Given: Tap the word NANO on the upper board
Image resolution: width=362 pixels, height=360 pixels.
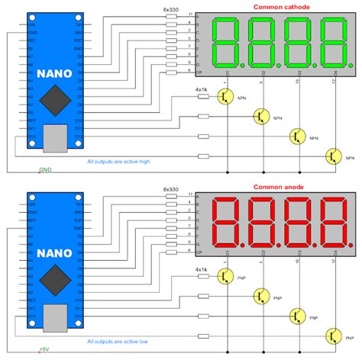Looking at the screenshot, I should click(x=54, y=76).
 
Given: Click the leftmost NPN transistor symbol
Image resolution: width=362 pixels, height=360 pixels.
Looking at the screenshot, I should click(x=225, y=96).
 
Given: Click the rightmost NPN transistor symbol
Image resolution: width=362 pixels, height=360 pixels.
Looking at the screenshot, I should click(x=332, y=156).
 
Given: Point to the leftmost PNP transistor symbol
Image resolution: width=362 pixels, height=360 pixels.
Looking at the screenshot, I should click(x=225, y=275).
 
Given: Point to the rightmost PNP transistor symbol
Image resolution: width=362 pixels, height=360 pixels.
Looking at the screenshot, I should click(x=332, y=336).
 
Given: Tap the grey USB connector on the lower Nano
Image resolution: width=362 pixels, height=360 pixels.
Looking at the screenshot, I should click(x=55, y=319).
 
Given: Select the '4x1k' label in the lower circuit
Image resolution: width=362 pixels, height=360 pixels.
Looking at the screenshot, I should click(x=202, y=269).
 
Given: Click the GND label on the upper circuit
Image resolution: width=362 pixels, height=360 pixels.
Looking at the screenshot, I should click(x=45, y=170).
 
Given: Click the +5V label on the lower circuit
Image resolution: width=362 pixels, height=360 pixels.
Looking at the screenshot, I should click(x=45, y=350).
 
